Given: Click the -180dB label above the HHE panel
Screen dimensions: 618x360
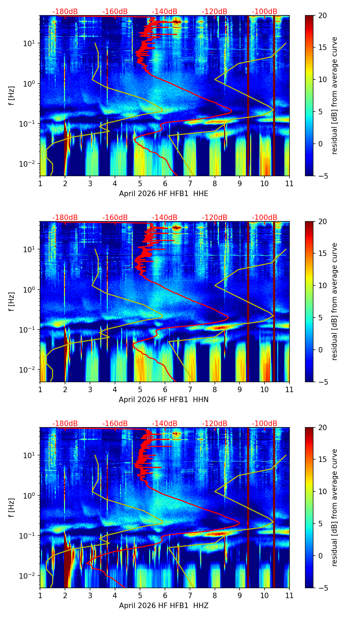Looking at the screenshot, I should pos(65,12).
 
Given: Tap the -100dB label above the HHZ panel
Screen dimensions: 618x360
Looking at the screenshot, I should pos(265,424).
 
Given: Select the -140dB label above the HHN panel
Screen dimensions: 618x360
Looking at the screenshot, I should pos(165,218).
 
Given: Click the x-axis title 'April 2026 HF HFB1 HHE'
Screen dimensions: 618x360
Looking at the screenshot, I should pos(164,194).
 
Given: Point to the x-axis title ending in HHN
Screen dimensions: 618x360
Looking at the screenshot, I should pos(164,400).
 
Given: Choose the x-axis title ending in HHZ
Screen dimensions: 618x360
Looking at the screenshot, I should pos(164,606).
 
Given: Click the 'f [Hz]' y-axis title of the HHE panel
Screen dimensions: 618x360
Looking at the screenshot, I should pos(12,96).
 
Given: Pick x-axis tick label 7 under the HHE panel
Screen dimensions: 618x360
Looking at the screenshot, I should pos(190,183).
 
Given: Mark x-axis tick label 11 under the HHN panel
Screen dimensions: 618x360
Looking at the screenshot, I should pos(290,389).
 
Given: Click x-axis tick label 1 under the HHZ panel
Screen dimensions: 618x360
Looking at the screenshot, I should pos(40,595).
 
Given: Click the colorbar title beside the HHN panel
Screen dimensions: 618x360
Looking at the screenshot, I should pos(335,301).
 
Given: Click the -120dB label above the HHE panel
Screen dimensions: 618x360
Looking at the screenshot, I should pos(215,12).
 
